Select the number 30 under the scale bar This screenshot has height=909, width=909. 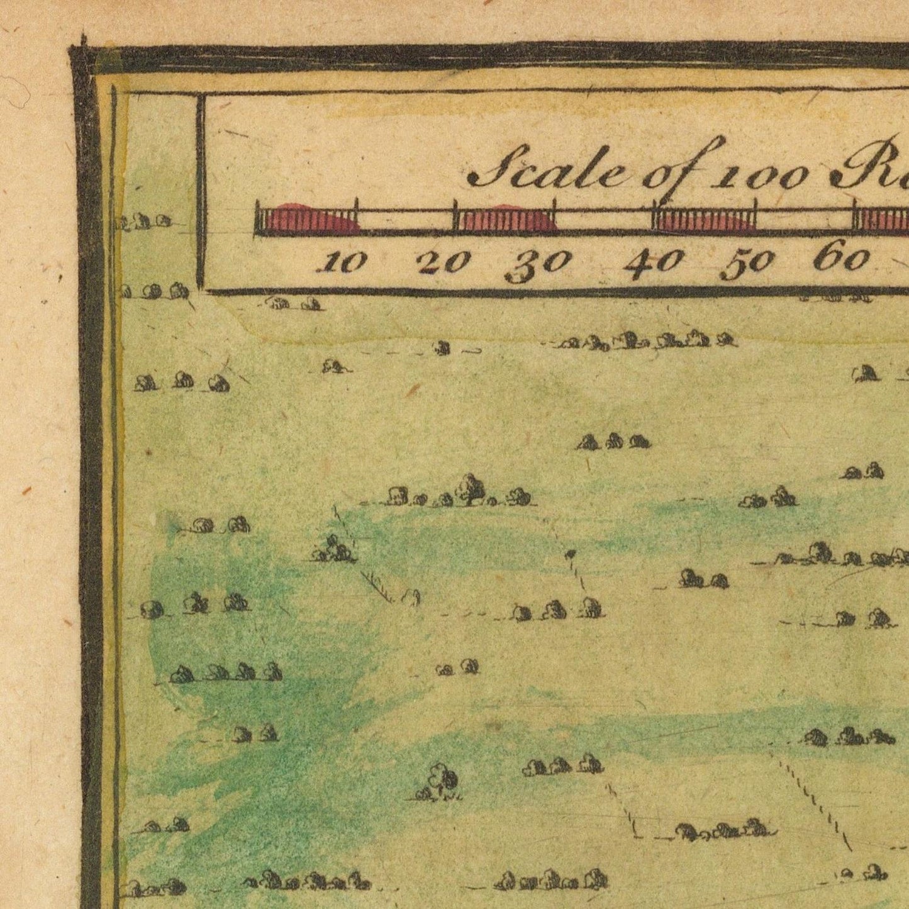538,264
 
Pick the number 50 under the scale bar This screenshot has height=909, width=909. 747,264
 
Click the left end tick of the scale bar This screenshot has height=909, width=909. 257,218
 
